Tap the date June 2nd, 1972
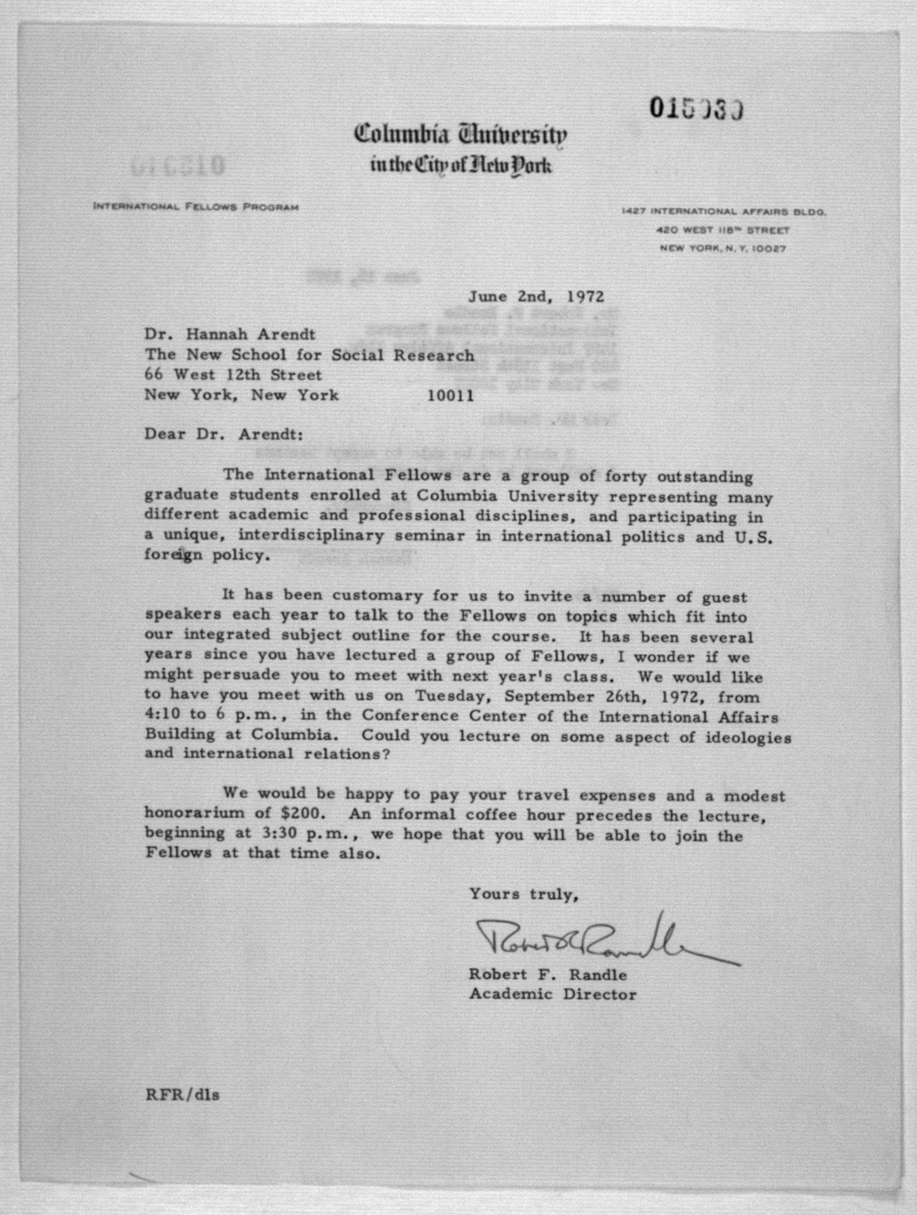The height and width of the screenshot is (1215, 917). [x=536, y=297]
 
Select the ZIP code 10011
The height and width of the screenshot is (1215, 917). [x=450, y=396]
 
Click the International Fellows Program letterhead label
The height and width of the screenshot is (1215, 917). [x=196, y=207]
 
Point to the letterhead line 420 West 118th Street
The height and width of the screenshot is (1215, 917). [x=724, y=231]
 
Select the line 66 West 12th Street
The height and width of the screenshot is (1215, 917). [x=233, y=376]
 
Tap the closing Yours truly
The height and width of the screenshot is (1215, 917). [x=524, y=895]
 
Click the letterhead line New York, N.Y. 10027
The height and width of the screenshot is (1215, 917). [x=722, y=249]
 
